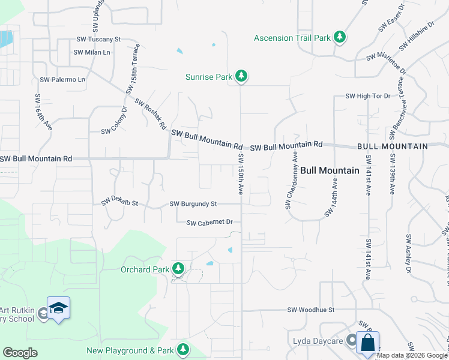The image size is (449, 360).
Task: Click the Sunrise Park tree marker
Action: tap(241, 76)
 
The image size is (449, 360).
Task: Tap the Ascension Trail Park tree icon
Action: tap(340, 37)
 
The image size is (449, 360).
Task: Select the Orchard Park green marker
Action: tap(178, 269)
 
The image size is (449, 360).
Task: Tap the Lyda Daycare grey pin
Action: tap(351, 341)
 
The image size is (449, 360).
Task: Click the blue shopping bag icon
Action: tap(367, 343)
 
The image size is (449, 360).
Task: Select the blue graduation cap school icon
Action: tap(58, 308)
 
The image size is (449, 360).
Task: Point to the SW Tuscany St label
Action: tap(98, 39)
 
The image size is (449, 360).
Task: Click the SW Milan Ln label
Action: tap(92, 52)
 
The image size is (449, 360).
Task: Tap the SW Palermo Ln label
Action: tap(62, 79)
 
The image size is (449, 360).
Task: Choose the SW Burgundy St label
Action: tap(193, 204)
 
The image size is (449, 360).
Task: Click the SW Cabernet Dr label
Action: tap(209, 223)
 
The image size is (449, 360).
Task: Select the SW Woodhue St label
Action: tap(310, 310)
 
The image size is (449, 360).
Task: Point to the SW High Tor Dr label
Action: tap(368, 96)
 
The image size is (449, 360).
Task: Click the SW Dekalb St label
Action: tap(119, 202)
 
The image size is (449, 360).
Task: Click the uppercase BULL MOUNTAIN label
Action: tap(392, 146)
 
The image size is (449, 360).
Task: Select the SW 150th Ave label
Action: tap(240, 174)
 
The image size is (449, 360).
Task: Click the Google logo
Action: tap(20, 353)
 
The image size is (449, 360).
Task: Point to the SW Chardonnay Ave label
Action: tap(292, 180)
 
